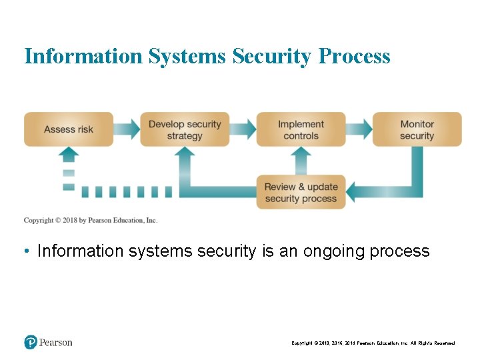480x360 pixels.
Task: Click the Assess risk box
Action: [69, 129]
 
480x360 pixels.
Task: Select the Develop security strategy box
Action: [185, 129]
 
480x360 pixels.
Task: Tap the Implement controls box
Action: [301, 129]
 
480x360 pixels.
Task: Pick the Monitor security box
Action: [417, 129]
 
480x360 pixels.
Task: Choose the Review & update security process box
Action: [301, 192]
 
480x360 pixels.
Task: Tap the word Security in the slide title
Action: [272, 56]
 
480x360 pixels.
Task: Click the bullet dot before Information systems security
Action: [25, 251]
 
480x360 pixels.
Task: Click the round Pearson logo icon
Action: [31, 342]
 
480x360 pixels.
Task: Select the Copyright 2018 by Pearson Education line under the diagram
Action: [91, 220]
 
